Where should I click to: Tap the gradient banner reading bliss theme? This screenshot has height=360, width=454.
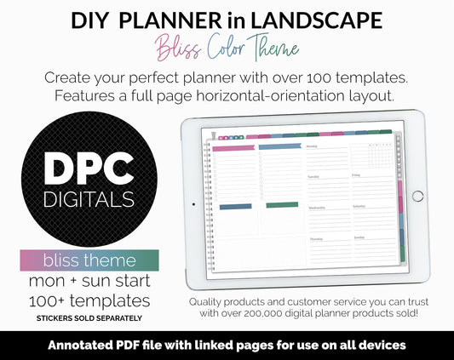coord(89,260)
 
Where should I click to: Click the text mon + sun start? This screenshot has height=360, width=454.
coord(89,280)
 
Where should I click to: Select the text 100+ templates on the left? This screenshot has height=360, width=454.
coord(89,300)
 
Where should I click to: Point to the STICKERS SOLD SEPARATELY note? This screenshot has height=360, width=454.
coord(89,317)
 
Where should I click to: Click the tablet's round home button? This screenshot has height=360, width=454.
coord(417,196)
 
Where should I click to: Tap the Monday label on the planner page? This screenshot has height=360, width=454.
coord(312,146)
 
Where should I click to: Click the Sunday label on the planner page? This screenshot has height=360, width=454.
coord(359,237)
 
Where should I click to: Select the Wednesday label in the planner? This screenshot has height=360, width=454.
coord(316,207)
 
